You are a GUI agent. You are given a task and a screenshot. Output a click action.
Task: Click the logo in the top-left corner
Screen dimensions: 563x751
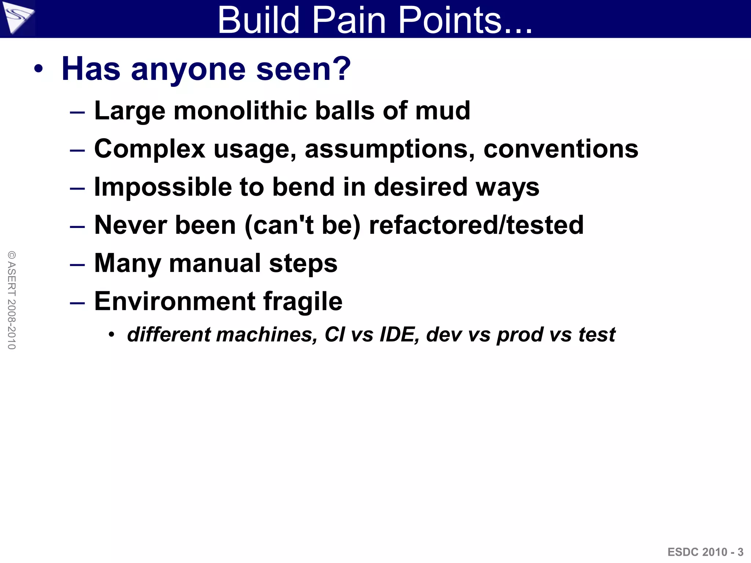pyautogui.click(x=18, y=18)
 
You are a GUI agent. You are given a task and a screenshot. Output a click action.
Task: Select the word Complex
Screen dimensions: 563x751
pyautogui.click(x=150, y=150)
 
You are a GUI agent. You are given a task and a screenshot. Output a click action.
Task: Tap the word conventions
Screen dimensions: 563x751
pyautogui.click(x=561, y=150)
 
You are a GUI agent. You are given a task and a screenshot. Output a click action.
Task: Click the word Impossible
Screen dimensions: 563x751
pyautogui.click(x=163, y=187)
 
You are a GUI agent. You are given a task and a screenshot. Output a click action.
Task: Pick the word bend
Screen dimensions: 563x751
pyautogui.click(x=304, y=187)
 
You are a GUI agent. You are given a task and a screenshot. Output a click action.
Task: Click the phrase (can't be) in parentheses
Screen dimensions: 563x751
pyautogui.click(x=303, y=225)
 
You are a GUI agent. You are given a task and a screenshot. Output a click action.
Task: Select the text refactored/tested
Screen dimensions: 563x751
pyautogui.click(x=476, y=225)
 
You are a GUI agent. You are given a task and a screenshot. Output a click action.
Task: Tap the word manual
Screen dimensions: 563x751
pyautogui.click(x=215, y=263)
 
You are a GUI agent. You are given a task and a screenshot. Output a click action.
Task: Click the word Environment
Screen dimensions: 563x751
pyautogui.click(x=175, y=301)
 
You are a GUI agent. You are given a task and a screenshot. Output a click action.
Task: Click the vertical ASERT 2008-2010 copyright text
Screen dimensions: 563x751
pyautogui.click(x=12, y=300)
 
